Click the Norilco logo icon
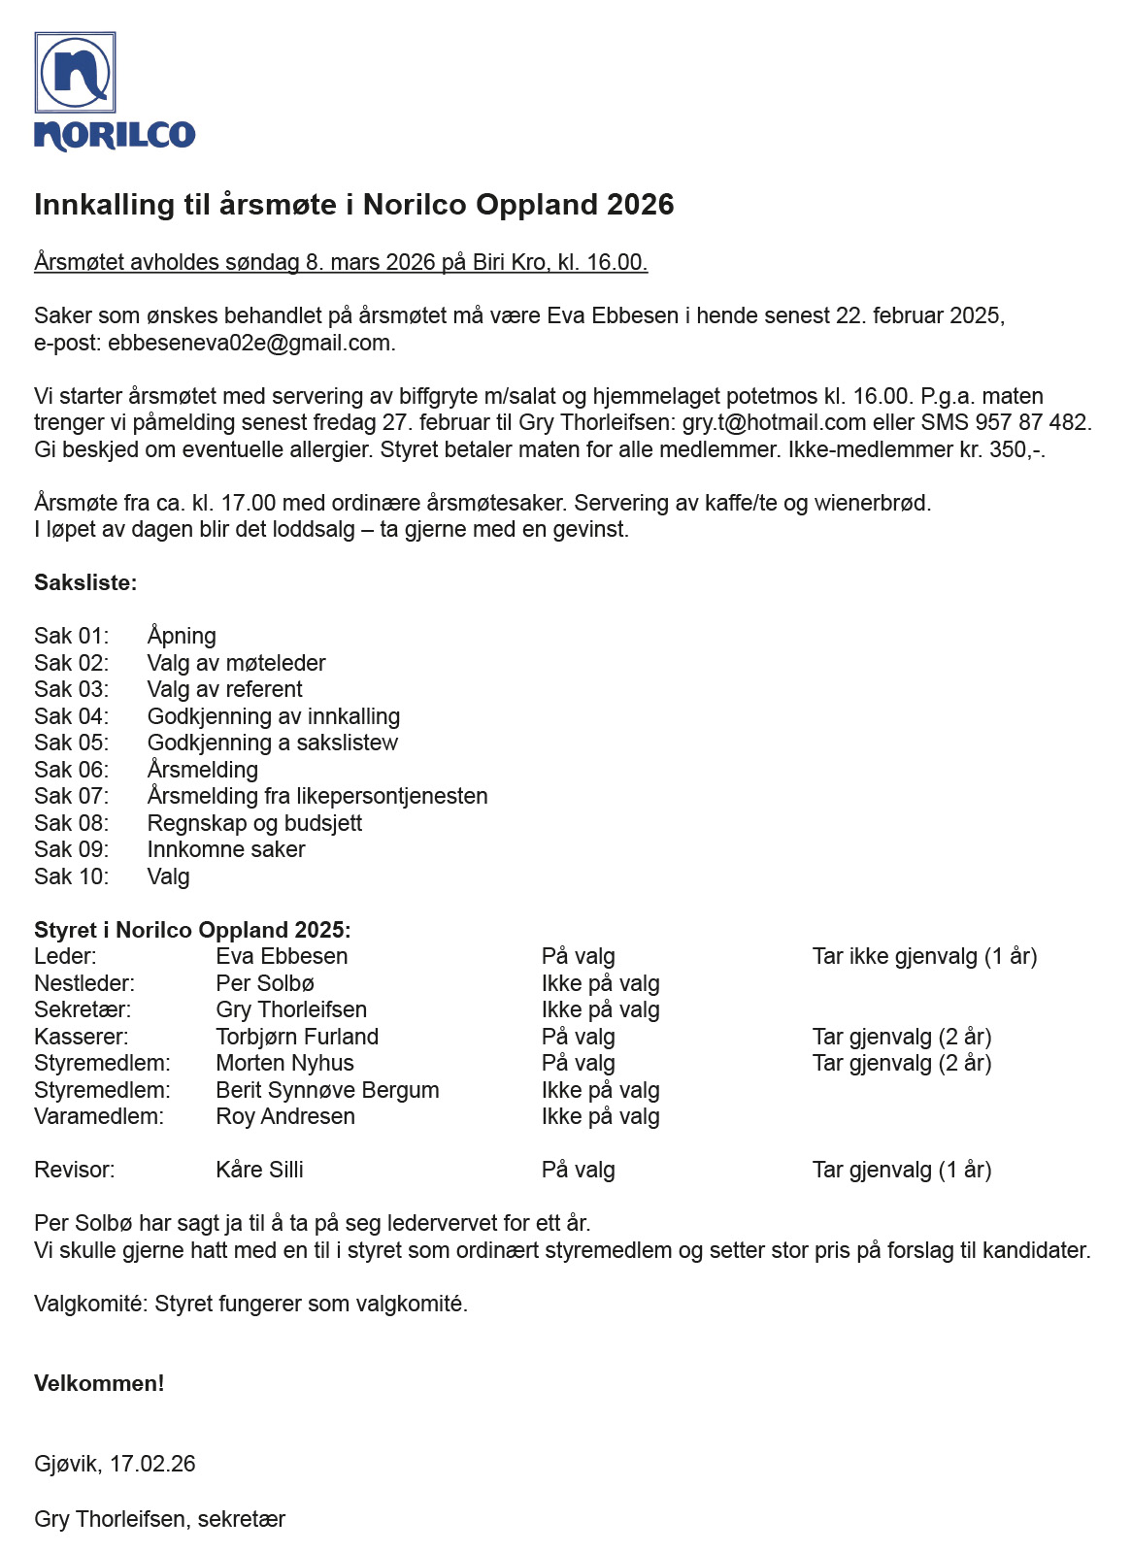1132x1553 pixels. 76,73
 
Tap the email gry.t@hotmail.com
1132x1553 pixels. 774,422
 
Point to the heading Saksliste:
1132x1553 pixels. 85,582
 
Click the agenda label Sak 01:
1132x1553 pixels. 71,636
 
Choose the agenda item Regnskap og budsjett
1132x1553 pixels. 254,823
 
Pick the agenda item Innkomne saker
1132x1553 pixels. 226,849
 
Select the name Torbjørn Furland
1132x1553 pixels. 297,1037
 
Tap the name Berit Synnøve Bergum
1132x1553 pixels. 327,1090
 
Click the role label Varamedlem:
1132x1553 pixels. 99,1116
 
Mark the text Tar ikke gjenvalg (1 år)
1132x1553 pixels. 924,956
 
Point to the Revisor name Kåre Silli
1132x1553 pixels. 259,1170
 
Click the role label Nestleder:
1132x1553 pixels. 84,983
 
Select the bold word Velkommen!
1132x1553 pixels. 99,1383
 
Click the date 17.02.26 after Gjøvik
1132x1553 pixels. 152,1464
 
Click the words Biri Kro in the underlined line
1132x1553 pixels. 512,262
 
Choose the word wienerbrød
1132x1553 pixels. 872,503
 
